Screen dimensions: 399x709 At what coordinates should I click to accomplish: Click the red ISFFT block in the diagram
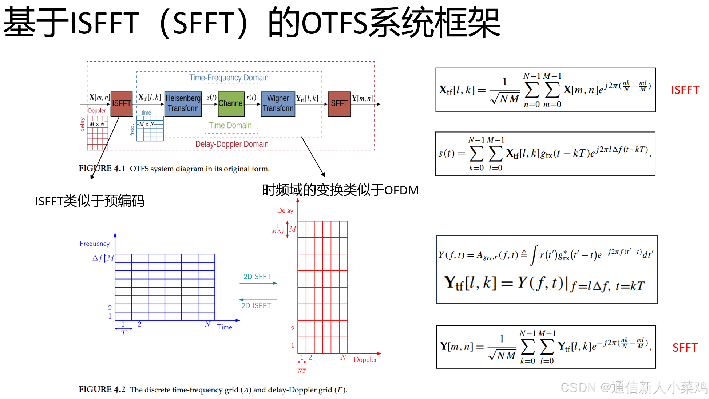[x=121, y=104]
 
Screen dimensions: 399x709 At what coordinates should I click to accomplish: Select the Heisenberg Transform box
[x=183, y=104]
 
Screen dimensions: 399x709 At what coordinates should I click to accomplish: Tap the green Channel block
[x=231, y=104]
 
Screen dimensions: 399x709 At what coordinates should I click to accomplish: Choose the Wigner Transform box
[x=278, y=104]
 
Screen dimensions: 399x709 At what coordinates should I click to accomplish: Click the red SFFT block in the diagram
[x=339, y=104]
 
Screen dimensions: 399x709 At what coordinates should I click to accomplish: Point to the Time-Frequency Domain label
[x=229, y=78]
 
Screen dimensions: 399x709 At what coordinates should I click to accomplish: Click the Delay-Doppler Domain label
[x=232, y=144]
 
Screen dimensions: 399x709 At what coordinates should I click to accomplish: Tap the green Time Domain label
[x=230, y=125]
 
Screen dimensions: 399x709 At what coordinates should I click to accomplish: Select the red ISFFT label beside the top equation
[x=685, y=90]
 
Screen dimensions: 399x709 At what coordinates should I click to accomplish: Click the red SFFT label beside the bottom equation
[x=685, y=348]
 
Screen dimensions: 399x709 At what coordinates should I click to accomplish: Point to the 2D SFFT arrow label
[x=257, y=277]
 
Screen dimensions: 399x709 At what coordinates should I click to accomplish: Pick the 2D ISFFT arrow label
[x=256, y=306]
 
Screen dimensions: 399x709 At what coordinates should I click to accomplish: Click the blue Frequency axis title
[x=95, y=244]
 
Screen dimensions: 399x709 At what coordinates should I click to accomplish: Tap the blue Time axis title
[x=225, y=327]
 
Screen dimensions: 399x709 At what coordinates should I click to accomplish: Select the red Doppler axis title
[x=365, y=359]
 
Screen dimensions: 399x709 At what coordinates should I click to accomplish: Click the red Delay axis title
[x=285, y=210]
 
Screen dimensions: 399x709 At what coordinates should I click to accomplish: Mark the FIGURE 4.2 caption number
[x=102, y=390]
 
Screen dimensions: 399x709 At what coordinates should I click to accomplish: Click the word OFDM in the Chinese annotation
[x=401, y=190]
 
